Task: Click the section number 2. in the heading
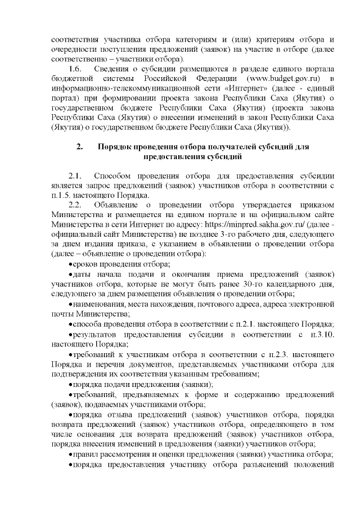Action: click(x=80, y=147)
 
